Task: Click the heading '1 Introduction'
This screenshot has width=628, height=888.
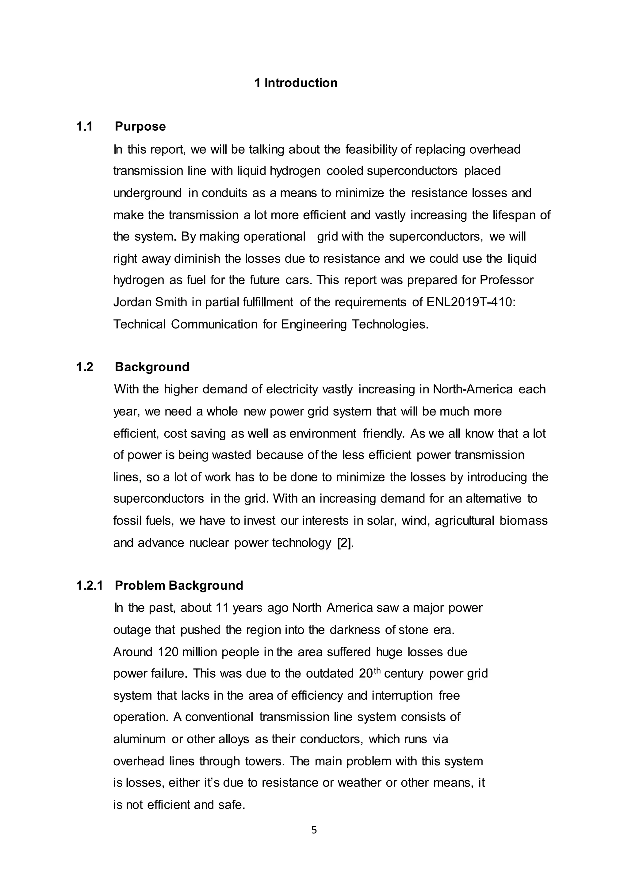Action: click(x=296, y=83)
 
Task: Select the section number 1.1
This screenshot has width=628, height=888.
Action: click(x=84, y=126)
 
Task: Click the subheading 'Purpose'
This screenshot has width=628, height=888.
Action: click(x=140, y=126)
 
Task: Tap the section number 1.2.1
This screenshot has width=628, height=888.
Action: click(x=89, y=585)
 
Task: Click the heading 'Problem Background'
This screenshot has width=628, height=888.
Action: click(x=179, y=585)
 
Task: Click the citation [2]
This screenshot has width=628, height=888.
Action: click(x=345, y=543)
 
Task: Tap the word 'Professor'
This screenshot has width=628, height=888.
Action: click(x=507, y=280)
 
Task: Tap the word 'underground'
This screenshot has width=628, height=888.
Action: click(x=147, y=193)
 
